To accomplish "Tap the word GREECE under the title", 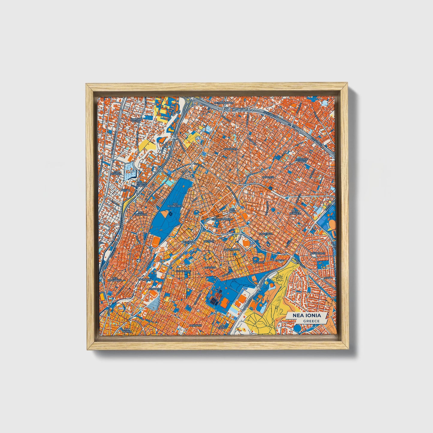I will pos(311,321).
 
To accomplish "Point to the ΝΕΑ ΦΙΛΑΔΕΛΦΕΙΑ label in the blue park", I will pos(174,205).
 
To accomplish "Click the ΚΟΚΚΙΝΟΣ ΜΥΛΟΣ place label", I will pos(136,120).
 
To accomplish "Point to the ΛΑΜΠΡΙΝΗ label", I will pos(195,325).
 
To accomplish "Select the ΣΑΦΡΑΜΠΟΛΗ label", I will pos(232,249).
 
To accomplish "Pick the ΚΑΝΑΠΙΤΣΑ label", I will pos(230,149).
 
